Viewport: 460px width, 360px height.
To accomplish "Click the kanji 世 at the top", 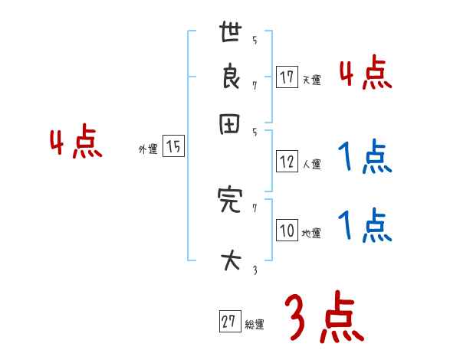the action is [230, 34].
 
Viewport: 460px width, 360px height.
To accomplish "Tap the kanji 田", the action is [230, 126].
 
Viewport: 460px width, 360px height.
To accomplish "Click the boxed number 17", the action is [287, 78].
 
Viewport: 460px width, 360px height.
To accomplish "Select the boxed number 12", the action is [287, 162].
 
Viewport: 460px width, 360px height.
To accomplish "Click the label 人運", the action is [311, 164].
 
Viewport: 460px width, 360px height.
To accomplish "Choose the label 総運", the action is [255, 325].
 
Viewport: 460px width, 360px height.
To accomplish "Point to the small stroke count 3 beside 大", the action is [254, 270].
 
